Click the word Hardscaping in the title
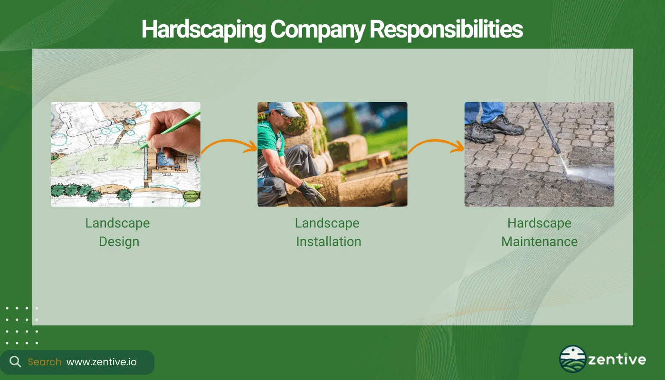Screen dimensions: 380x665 204,29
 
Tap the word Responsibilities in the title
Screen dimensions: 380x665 446,29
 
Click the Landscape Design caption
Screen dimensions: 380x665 118,232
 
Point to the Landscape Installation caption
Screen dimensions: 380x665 328,232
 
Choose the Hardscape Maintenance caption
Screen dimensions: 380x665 539,232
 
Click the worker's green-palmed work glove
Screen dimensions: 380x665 312,192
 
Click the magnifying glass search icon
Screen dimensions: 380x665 15,362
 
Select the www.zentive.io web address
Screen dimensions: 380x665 101,362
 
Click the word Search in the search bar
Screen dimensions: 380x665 44,362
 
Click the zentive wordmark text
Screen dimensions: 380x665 617,360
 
